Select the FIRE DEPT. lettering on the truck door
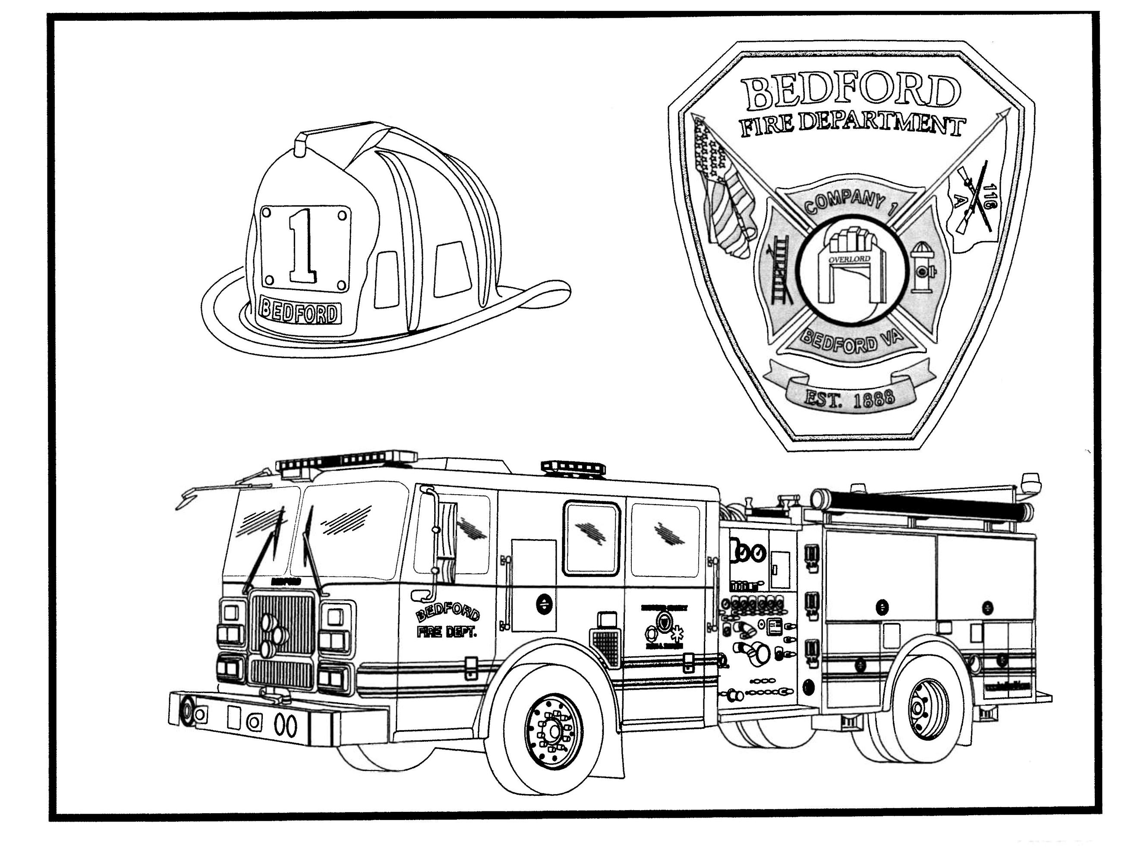[x=447, y=633]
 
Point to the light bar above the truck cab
[x=347, y=460]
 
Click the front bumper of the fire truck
[x=277, y=720]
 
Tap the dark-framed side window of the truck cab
[x=591, y=538]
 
